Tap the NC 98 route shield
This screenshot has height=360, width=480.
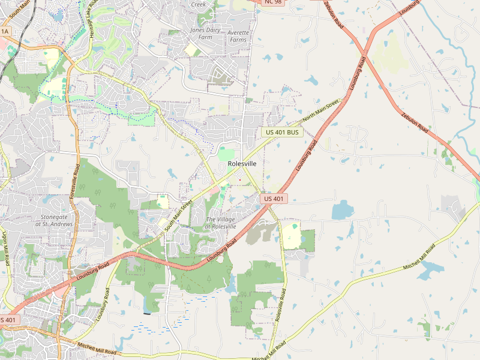273,2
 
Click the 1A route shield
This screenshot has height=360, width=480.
5,31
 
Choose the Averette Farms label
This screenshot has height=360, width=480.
238,36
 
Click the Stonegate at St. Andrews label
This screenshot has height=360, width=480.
54,220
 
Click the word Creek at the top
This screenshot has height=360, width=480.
198,4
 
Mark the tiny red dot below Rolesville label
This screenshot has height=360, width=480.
240,179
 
